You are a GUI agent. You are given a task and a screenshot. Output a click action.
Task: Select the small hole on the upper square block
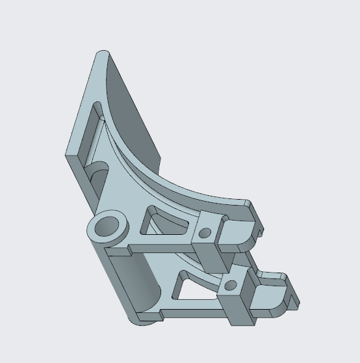205,232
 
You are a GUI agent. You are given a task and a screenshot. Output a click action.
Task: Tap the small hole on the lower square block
228,284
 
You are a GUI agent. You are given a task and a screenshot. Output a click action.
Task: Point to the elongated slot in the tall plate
96,128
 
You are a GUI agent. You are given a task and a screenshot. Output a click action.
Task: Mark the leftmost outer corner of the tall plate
66,155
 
